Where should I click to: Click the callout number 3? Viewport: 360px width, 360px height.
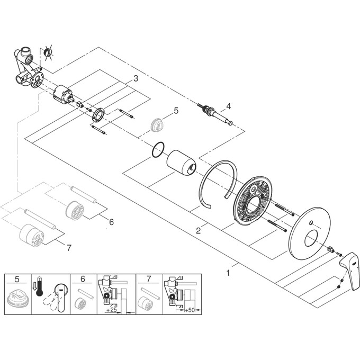pos(136,78)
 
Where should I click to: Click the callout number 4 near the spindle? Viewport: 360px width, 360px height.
pos(229,106)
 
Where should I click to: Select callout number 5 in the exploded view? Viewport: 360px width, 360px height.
pos(177,111)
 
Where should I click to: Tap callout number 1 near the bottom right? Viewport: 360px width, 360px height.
pos(228,273)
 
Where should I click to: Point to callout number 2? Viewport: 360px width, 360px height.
pos(197,230)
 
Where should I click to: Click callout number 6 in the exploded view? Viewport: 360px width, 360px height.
pos(111,222)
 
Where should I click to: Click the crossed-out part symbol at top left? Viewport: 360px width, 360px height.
pos(49,52)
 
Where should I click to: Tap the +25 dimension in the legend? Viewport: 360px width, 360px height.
pos(111,311)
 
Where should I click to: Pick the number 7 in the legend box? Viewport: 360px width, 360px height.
pos(149,278)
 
